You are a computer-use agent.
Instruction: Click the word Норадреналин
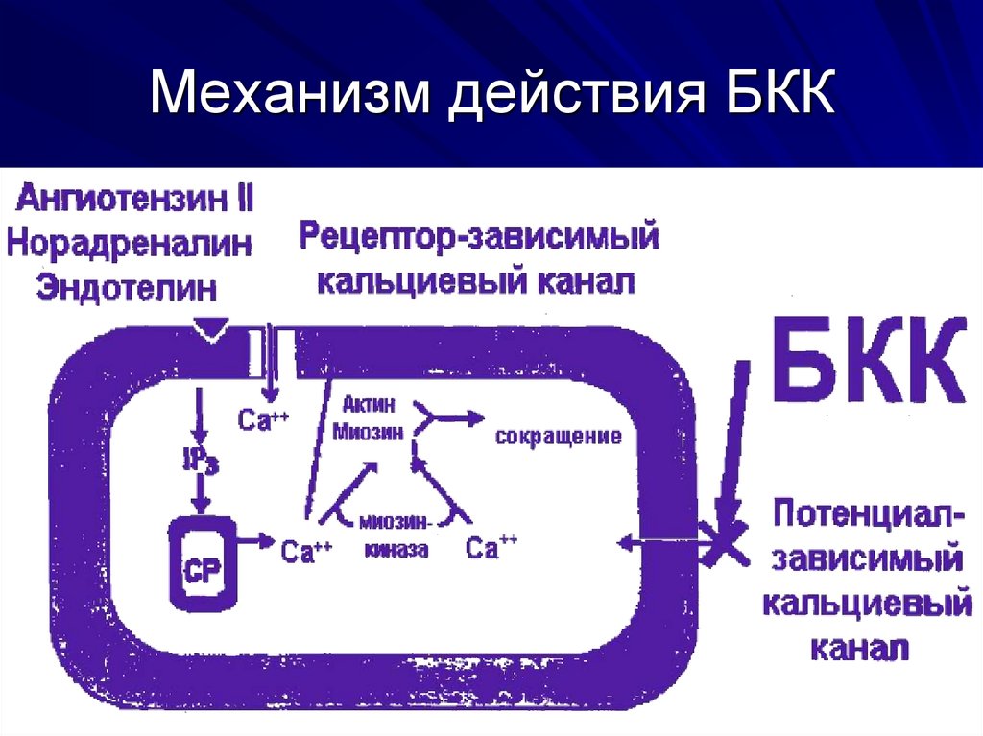(x=130, y=243)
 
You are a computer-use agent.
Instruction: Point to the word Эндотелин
(x=127, y=286)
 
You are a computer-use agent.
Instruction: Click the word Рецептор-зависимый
(x=478, y=236)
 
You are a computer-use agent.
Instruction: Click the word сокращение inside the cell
(x=559, y=437)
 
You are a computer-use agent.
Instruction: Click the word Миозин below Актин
(x=367, y=431)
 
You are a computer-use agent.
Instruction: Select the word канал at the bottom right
(x=860, y=648)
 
